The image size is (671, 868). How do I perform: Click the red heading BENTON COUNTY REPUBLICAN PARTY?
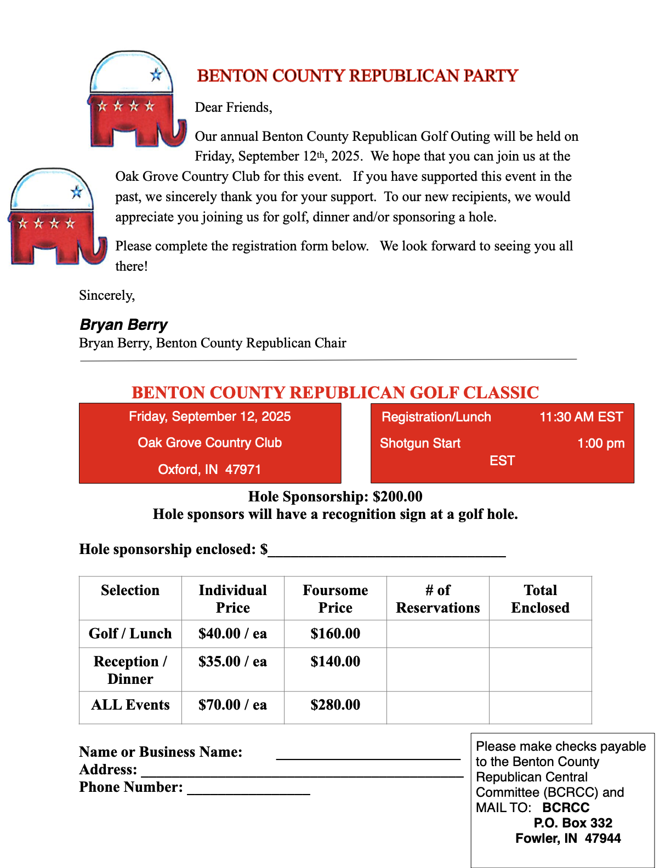(x=357, y=76)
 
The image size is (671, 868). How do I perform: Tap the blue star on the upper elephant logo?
(x=156, y=75)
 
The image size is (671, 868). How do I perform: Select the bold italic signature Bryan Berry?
(x=123, y=324)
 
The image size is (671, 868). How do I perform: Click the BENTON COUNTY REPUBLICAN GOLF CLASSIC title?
(x=335, y=392)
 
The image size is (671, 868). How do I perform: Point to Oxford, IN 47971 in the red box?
(x=209, y=470)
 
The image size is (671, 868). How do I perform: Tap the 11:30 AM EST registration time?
(x=581, y=417)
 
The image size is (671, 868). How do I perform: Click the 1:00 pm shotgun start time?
(x=600, y=443)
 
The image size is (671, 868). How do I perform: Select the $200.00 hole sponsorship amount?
(x=397, y=496)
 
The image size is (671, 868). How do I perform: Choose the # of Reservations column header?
(x=437, y=598)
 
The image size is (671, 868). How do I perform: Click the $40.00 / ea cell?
(x=232, y=633)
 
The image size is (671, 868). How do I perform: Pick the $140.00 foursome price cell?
(x=335, y=661)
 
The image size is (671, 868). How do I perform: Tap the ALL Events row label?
(x=130, y=705)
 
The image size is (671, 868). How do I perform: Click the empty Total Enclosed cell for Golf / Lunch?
(x=540, y=634)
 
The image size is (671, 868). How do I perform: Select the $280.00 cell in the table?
(x=335, y=705)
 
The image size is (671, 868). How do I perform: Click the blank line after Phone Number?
(x=248, y=789)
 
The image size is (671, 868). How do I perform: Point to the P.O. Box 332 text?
(x=573, y=823)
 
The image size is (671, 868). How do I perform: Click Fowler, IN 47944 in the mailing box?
(x=568, y=838)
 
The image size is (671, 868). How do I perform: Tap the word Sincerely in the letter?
(x=106, y=295)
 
